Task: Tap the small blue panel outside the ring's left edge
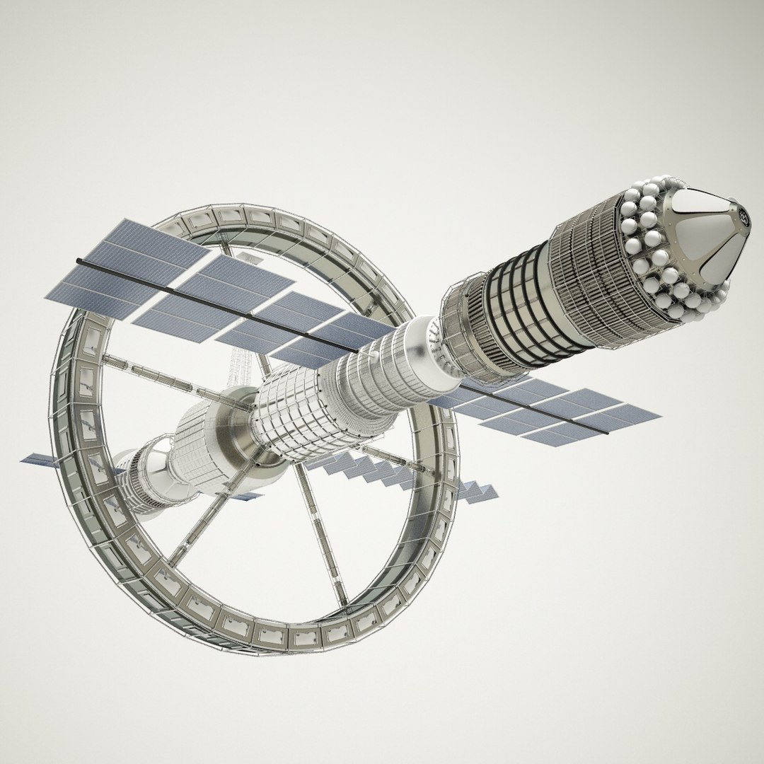point(39,460)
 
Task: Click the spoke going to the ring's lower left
point(205,516)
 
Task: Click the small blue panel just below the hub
point(244,496)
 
